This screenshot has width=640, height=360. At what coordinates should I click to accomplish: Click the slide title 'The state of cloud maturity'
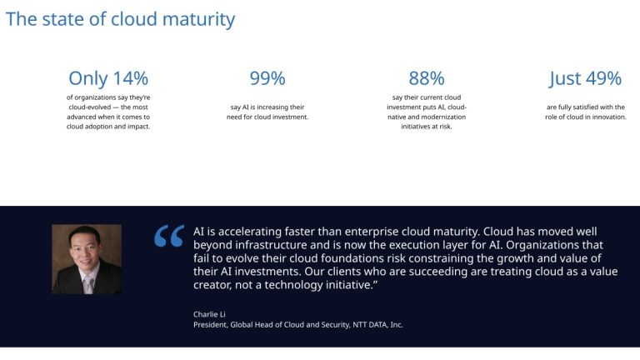tap(120, 18)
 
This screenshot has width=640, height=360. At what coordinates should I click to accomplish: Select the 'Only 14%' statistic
tap(108, 78)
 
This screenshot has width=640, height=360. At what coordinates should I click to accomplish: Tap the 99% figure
tap(267, 78)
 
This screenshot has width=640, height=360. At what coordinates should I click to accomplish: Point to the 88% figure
tap(426, 78)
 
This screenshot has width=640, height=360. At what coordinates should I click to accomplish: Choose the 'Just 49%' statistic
tap(585, 78)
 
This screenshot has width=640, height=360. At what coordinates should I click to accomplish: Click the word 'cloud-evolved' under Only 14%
tap(91, 107)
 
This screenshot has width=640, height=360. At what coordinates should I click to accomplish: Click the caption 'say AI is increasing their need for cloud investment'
tap(267, 112)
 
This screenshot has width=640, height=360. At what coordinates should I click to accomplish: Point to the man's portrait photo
tap(87, 258)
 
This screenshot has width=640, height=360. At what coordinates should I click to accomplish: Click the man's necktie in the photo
tap(87, 282)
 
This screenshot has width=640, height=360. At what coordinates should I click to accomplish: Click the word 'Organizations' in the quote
tap(557, 245)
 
